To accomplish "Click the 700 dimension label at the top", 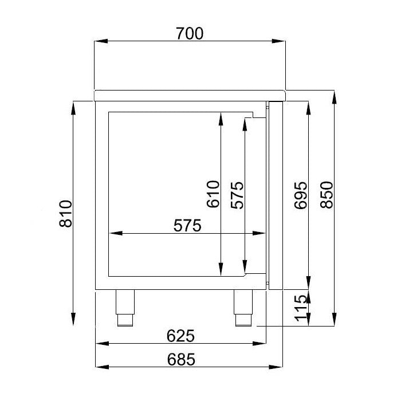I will [190, 33].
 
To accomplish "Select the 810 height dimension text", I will [67, 214].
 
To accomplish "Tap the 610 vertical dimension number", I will [213, 194].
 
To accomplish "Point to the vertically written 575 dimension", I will [237, 194].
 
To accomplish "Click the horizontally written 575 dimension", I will [187, 226].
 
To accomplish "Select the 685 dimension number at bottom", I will [181, 359].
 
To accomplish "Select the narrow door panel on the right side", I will [276, 194].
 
